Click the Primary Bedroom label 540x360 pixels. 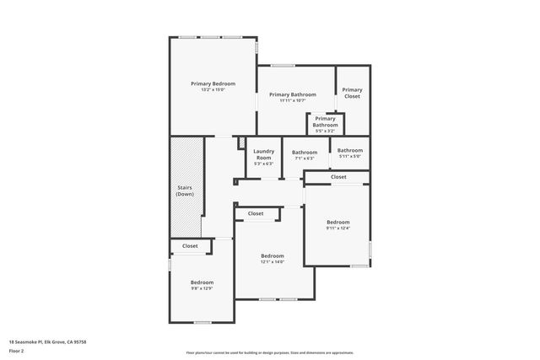tap(213, 83)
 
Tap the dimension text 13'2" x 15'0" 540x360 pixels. tap(213, 90)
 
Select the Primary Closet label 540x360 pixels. tap(352, 93)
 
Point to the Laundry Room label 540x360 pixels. tap(263, 154)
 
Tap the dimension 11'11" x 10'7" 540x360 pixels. tap(293, 101)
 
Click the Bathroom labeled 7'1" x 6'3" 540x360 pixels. tap(305, 155)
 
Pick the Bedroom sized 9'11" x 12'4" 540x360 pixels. tap(337, 224)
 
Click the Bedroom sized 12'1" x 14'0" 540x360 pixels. tap(272, 258)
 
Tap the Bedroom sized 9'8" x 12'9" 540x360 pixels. tap(201, 285)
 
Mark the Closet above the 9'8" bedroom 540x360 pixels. tap(190, 246)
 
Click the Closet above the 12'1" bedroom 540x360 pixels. tap(256, 213)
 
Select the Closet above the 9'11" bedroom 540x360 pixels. tap(337, 177)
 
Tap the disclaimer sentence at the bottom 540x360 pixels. tap(269, 352)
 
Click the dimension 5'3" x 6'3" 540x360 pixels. tap(263, 164)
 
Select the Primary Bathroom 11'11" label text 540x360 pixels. tap(293, 94)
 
